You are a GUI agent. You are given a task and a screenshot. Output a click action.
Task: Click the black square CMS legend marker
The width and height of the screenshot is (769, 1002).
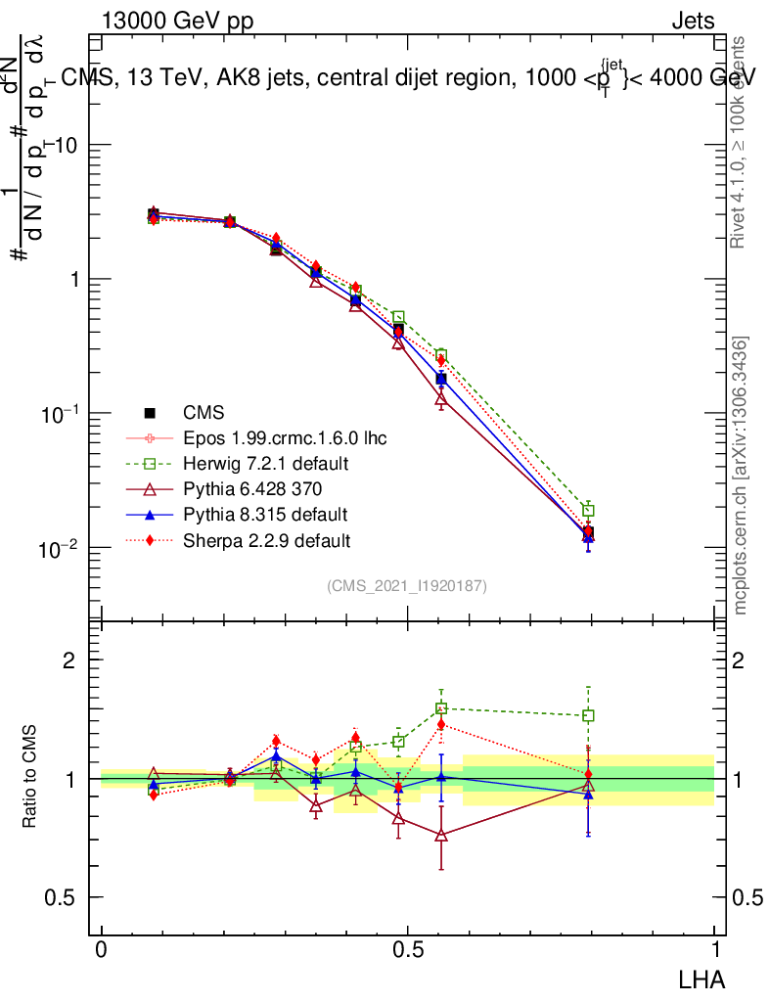pos(150,412)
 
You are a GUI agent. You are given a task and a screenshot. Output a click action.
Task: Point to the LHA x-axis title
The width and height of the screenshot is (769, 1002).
pos(701,978)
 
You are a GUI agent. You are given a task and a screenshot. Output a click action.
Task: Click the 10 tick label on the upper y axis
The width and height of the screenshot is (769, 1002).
pos(68,145)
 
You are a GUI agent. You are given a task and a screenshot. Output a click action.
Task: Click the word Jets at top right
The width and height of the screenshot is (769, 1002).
pos(693,21)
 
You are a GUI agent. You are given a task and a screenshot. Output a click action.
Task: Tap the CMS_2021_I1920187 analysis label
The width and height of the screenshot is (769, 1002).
pos(407,585)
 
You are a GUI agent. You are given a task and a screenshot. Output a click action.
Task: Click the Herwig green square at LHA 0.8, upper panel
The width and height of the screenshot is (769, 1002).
pos(588,511)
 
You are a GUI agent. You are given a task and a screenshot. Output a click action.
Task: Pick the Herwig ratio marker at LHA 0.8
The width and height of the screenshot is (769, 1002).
pos(588,715)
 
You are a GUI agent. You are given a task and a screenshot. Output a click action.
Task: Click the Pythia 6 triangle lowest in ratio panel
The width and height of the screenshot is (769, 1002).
pos(441,835)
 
